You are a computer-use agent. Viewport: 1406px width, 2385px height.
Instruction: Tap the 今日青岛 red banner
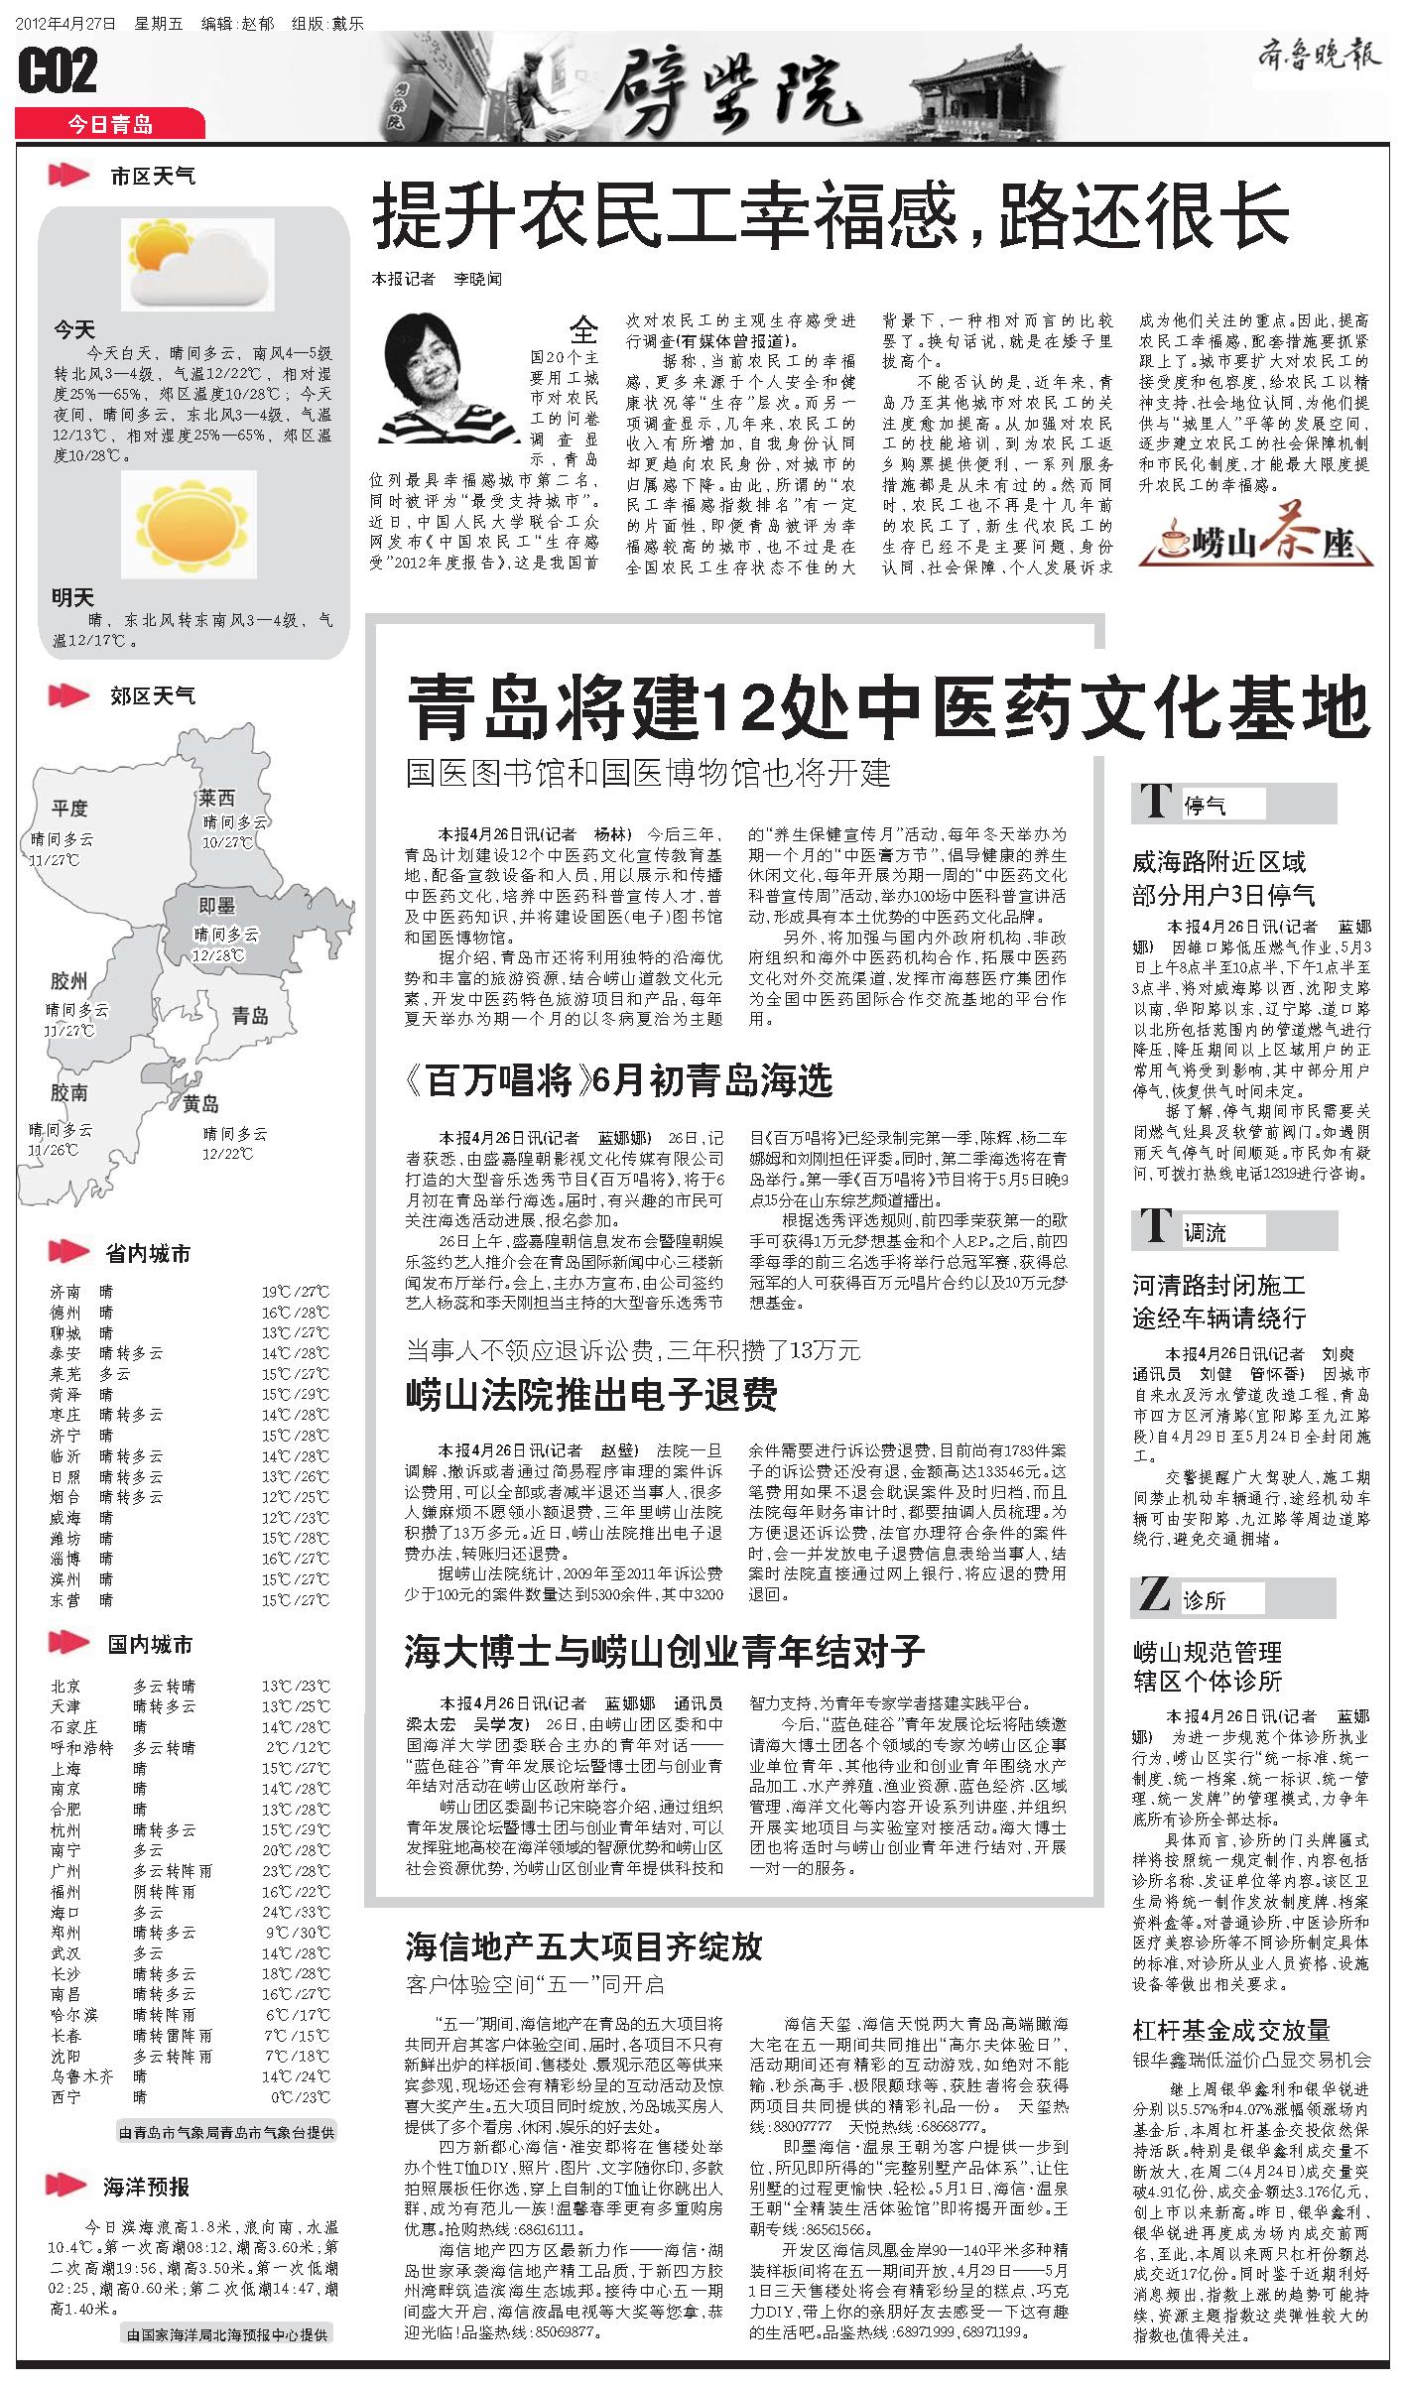[x=110, y=124]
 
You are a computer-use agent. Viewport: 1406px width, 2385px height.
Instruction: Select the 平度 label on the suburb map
[x=70, y=808]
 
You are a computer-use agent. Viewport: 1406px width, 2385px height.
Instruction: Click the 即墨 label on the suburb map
[x=216, y=905]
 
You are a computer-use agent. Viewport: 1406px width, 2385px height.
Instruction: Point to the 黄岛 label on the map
[x=201, y=1103]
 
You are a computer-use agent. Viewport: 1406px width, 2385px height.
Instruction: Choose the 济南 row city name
[x=66, y=1292]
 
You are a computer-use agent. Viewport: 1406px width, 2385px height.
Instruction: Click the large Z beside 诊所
[x=1154, y=1596]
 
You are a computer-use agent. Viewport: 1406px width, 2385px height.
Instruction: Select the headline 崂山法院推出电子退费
[x=591, y=1394]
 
